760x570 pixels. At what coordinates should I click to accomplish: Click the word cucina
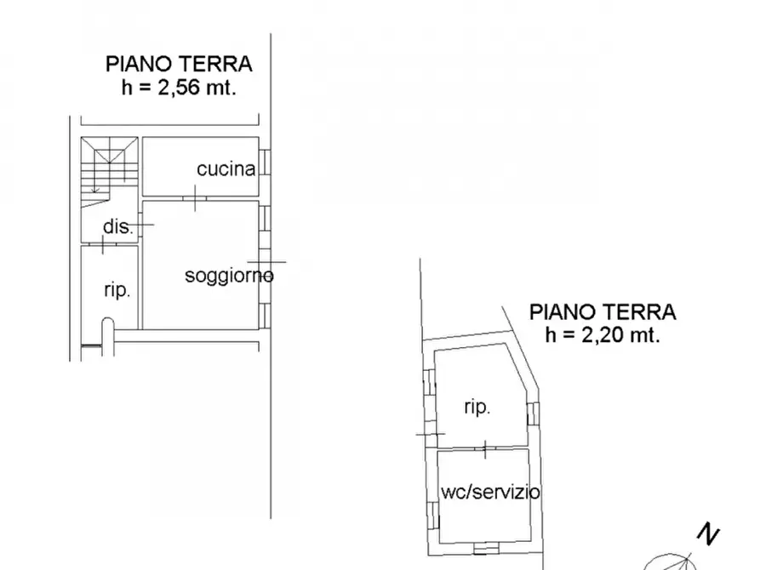tap(226, 168)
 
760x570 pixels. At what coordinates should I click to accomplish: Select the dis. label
tap(117, 227)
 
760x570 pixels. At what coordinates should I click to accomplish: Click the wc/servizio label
tap(489, 492)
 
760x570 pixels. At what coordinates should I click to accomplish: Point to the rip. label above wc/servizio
tap(477, 408)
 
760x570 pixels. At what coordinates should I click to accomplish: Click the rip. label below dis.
tap(117, 290)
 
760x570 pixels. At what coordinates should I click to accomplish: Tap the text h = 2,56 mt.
tap(179, 87)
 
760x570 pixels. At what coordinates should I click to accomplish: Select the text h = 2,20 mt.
tap(603, 334)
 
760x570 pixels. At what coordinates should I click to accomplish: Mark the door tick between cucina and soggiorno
tap(196, 199)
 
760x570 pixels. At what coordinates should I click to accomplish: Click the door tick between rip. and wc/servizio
tap(485, 447)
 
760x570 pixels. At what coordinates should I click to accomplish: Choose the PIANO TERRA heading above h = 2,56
tap(179, 64)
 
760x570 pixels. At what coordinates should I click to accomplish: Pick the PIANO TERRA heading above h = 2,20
tap(603, 311)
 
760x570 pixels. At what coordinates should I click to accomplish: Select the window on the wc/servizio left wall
tap(432, 513)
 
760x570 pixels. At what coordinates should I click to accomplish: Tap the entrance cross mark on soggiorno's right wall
tap(266, 262)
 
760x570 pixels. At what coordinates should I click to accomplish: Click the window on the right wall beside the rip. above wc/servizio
tap(531, 413)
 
